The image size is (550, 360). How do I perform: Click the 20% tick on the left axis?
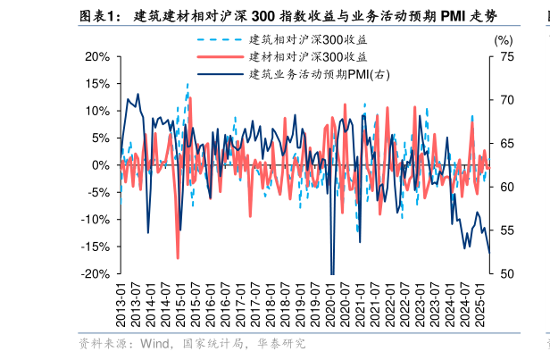[96, 56]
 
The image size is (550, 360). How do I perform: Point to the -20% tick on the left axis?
[95, 274]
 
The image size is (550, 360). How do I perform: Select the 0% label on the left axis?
[101, 165]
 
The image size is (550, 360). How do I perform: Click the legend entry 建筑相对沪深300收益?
[308, 40]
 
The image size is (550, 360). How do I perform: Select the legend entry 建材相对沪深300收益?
[308, 57]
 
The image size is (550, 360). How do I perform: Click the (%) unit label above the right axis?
[504, 40]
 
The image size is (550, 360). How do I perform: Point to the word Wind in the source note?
[155, 343]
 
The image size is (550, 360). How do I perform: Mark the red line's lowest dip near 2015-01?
[178, 258]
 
